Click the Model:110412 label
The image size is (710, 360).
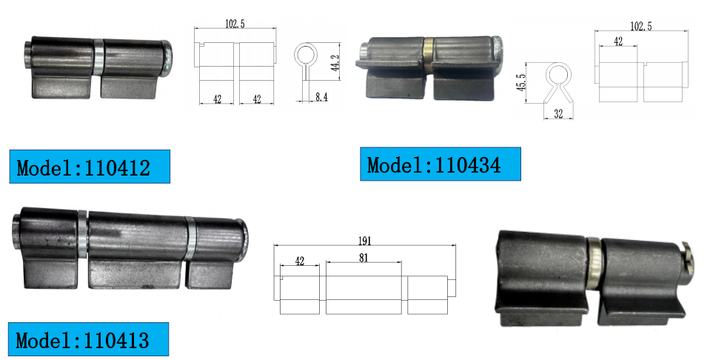click(x=90, y=167)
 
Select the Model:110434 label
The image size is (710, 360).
click(x=440, y=164)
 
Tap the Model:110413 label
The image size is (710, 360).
click(x=88, y=339)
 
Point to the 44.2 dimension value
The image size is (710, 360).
click(x=335, y=63)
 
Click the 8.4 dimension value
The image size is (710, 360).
click(x=321, y=96)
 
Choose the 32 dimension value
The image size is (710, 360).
click(x=558, y=113)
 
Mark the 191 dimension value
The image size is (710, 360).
click(x=364, y=241)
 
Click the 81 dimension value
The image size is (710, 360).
click(x=364, y=257)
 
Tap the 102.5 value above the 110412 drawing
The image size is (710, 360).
click(x=235, y=24)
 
